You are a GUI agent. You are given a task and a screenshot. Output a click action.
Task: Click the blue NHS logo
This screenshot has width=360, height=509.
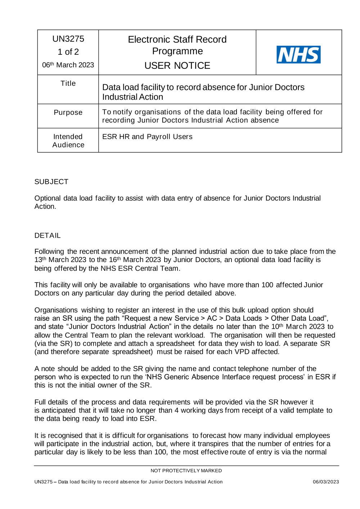tap(298, 55)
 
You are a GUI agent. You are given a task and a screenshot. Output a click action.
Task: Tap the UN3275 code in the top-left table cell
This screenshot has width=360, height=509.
tap(68, 39)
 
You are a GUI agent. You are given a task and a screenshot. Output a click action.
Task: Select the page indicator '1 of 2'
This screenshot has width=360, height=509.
tap(68, 52)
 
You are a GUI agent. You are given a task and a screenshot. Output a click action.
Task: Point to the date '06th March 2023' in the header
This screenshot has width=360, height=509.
tap(68, 65)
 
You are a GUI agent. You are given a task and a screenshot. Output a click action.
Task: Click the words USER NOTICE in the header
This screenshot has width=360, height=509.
tap(177, 66)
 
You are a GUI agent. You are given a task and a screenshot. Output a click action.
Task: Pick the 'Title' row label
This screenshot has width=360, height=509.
tap(68, 84)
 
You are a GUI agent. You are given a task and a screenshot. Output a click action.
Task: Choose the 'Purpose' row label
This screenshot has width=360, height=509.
tap(68, 113)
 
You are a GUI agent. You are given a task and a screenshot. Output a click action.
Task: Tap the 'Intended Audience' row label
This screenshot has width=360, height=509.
tap(68, 141)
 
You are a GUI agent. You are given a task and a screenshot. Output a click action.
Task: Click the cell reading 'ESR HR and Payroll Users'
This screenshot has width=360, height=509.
tap(147, 137)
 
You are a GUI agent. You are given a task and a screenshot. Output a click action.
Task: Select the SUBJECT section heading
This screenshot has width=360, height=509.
tap(51, 182)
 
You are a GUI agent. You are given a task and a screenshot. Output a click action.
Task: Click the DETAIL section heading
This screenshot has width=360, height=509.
tap(48, 235)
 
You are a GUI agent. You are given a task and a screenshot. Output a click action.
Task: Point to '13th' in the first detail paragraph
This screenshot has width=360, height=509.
tap(40, 260)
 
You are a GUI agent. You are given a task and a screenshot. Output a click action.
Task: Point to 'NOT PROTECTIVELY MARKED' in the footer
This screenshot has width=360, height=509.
tap(186, 471)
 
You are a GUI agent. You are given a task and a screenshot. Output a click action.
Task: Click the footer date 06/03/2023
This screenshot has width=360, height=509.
tap(325, 482)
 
